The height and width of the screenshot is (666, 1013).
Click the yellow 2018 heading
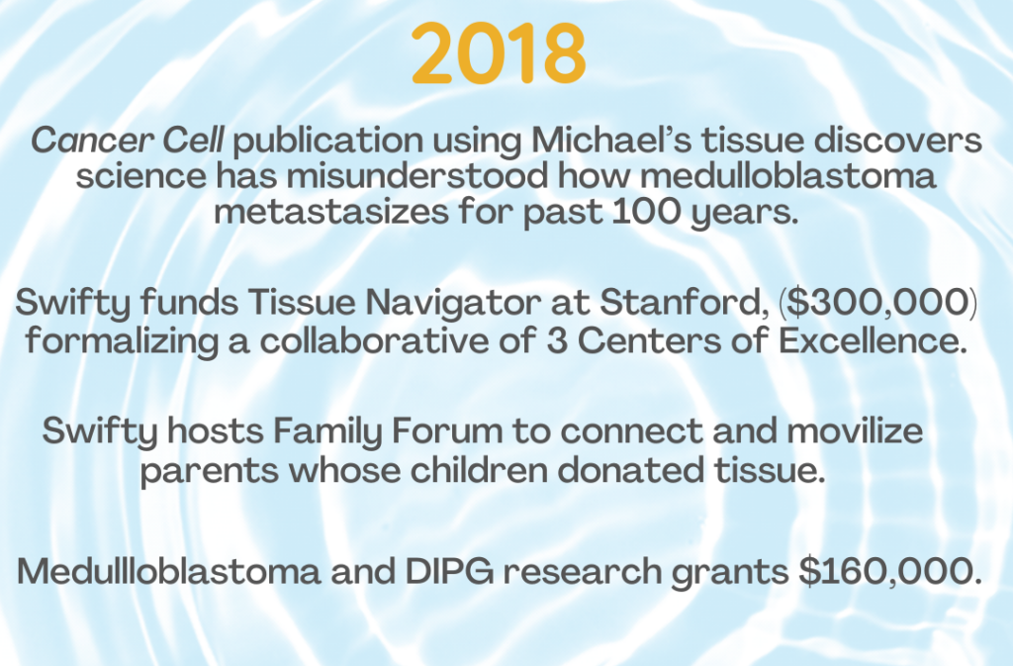pyautogui.click(x=499, y=53)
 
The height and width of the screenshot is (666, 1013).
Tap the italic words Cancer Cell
pyautogui.click(x=128, y=141)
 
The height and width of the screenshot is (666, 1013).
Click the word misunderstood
pyautogui.click(x=417, y=176)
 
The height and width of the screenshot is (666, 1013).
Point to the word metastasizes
pyautogui.click(x=330, y=212)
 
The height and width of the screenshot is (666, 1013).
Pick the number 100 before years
pyautogui.click(x=646, y=212)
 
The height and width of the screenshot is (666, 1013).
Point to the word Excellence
pyautogui.click(x=873, y=341)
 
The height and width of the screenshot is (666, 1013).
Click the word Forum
pyautogui.click(x=447, y=430)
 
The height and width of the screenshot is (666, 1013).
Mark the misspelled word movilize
pyautogui.click(x=854, y=430)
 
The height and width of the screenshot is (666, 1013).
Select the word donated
pyautogui.click(x=630, y=470)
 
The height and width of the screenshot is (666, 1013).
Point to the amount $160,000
pyautogui.click(x=890, y=572)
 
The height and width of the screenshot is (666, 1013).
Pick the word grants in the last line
pyautogui.click(x=729, y=574)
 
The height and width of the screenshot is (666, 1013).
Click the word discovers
pyautogui.click(x=898, y=141)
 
